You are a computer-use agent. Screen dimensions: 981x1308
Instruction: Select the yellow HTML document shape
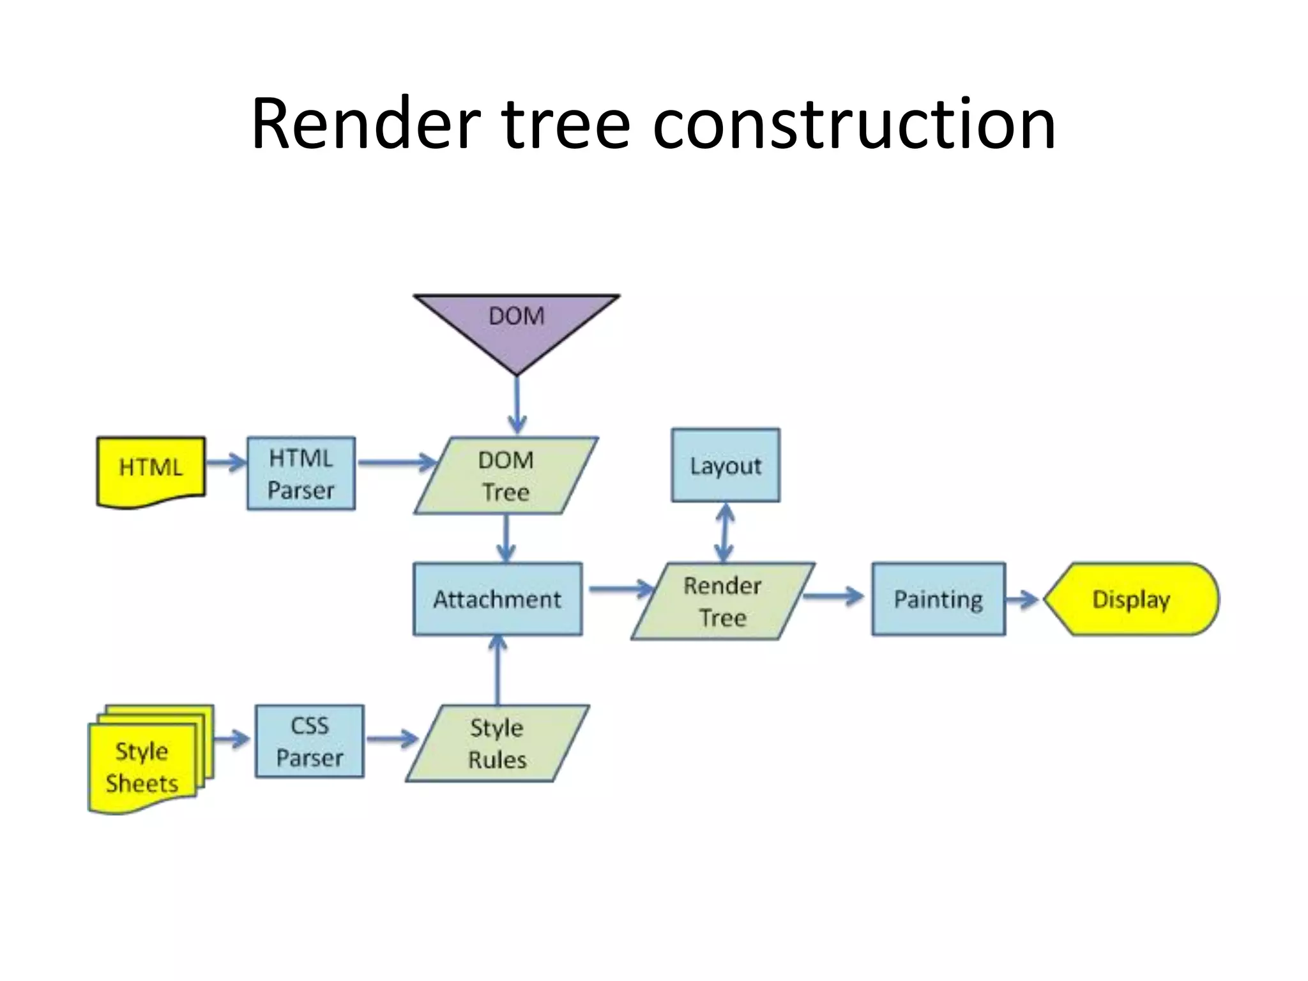(151, 470)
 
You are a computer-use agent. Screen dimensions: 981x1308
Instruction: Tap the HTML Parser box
(301, 473)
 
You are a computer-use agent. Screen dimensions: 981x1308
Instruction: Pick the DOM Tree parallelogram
(506, 476)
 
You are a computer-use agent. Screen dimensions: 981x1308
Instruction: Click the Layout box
(726, 465)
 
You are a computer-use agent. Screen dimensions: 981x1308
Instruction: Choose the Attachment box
(498, 599)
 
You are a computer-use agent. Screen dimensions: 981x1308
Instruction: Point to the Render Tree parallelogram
(722, 601)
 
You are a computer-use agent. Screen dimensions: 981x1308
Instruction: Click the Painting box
(938, 599)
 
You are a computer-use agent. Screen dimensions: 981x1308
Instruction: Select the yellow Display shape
(1131, 599)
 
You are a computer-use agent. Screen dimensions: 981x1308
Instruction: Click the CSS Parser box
(310, 741)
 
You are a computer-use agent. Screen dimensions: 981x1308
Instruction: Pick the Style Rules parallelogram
(498, 743)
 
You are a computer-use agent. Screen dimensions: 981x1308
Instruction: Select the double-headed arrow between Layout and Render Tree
(724, 533)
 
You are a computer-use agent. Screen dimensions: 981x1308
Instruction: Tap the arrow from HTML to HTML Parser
(225, 462)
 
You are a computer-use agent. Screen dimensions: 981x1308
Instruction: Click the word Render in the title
(365, 124)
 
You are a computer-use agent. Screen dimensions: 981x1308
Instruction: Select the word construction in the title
(854, 124)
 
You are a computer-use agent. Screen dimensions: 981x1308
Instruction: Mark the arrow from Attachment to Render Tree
(620, 588)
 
